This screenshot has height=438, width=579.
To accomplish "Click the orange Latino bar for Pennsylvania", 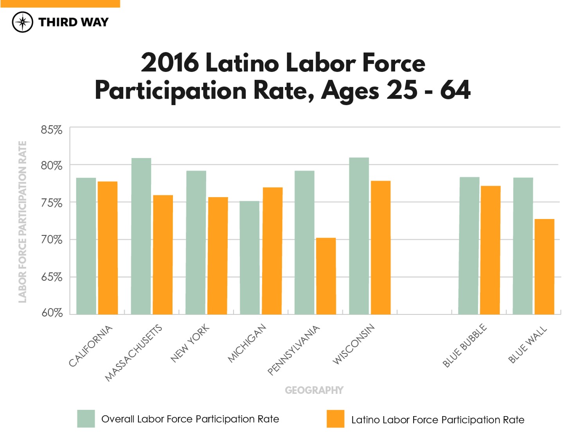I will click(x=326, y=276).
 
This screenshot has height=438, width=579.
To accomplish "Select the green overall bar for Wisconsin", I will click(x=359, y=236).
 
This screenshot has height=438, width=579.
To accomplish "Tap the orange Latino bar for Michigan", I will click(x=273, y=251).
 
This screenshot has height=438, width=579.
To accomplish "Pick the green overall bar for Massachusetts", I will click(x=141, y=236).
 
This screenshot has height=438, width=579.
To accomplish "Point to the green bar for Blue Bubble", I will click(x=469, y=246).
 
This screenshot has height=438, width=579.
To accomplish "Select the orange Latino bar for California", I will click(x=108, y=248).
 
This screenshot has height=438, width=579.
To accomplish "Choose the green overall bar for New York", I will click(x=196, y=242).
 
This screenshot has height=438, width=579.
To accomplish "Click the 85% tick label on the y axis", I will click(x=52, y=130).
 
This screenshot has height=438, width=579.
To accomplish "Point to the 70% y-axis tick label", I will click(x=52, y=239).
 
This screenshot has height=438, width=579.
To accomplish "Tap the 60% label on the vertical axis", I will click(x=52, y=312).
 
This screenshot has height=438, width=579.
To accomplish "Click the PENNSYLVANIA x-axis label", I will click(x=293, y=350).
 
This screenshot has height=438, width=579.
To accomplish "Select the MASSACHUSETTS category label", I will click(x=133, y=353).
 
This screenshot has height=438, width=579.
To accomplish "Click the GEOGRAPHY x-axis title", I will click(x=314, y=390).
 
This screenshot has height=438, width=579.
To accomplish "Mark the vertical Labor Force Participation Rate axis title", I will click(x=23, y=222).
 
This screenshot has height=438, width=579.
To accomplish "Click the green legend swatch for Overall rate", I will click(x=86, y=419).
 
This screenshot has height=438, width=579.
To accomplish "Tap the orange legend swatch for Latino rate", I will click(x=335, y=419).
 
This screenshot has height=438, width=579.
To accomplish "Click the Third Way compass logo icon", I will click(x=22, y=22).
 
